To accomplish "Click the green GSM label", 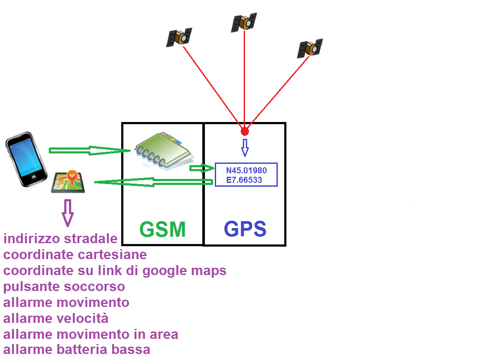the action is pyautogui.click(x=163, y=229).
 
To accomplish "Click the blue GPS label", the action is pyautogui.click(x=245, y=229).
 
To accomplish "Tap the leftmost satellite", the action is pyautogui.click(x=179, y=38).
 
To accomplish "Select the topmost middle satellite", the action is pyautogui.click(x=244, y=22).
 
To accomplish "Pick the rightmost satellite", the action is pyautogui.click(x=310, y=48).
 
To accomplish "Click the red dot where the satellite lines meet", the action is pyautogui.click(x=245, y=131).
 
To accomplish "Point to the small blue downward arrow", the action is pyautogui.click(x=245, y=148).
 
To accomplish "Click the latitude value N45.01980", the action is pyautogui.click(x=246, y=170).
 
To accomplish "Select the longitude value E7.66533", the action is pyautogui.click(x=244, y=180).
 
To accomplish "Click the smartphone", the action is pyautogui.click(x=26, y=159).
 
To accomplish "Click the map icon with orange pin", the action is pyautogui.click(x=68, y=182).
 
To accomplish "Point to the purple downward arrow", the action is pyautogui.click(x=67, y=213).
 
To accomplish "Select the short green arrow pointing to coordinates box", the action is pyautogui.click(x=202, y=169).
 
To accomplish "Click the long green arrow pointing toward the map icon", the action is pyautogui.click(x=154, y=182).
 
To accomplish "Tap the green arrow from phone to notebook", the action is pyautogui.click(x=90, y=150).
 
